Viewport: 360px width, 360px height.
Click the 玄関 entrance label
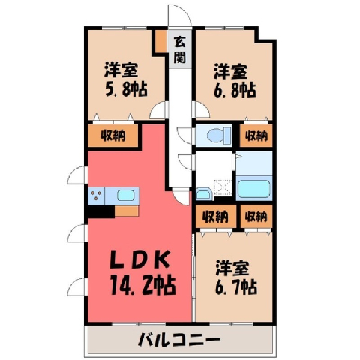[180, 49]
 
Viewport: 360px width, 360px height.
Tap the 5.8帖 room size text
[126, 88]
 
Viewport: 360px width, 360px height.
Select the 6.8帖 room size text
[235, 90]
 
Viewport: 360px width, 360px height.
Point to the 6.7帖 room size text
[235, 286]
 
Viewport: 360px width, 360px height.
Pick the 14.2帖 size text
[142, 285]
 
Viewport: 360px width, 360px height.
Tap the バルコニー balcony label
[180, 340]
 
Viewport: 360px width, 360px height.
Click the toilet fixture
[219, 136]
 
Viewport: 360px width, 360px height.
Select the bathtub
[253, 188]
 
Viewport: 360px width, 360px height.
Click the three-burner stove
[97, 196]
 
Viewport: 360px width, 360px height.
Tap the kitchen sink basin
[126, 195]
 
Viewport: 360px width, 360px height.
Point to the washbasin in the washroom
[204, 194]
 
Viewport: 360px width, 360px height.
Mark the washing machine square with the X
[223, 187]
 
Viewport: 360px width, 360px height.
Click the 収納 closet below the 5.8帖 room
[112, 136]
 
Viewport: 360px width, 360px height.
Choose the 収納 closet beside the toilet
[256, 136]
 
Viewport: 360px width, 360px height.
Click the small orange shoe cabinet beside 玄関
[161, 41]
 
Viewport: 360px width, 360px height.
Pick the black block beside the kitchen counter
[100, 212]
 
